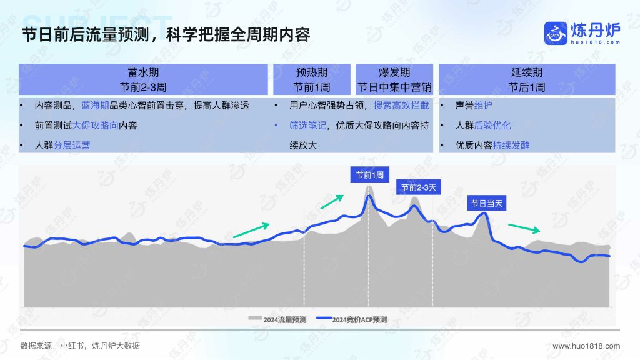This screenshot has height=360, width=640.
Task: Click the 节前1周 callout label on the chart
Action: click(370, 175)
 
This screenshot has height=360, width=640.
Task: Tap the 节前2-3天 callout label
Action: click(419, 187)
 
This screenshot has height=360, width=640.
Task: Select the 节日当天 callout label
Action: click(487, 203)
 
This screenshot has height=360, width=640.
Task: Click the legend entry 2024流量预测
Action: click(277, 319)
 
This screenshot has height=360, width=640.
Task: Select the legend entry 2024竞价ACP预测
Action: click(352, 319)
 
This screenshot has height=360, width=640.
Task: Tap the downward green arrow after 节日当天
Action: click(524, 228)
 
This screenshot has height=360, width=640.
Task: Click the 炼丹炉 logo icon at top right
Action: click(556, 34)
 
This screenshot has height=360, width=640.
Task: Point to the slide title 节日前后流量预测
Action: click(85, 35)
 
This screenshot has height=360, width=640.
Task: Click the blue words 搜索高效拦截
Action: click(401, 105)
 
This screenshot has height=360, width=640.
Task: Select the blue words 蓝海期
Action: click(95, 105)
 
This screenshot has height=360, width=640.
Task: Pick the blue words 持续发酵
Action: click(511, 145)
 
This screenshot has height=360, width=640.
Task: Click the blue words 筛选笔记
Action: click(307, 125)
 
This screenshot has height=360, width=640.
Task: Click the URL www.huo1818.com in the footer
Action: click(586, 346)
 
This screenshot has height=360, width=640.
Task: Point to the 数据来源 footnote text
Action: click(80, 346)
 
